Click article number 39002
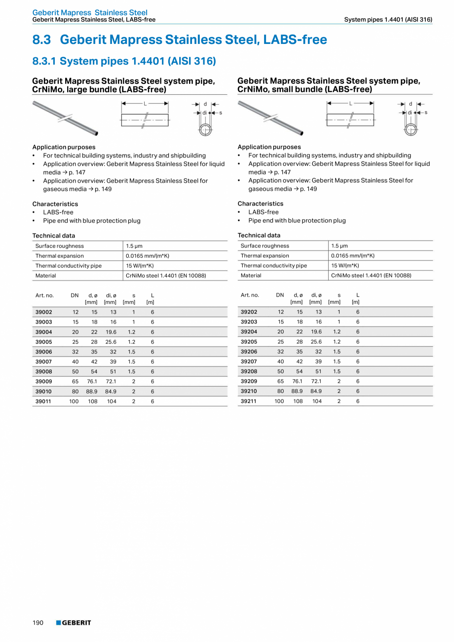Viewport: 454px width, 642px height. tap(44, 312)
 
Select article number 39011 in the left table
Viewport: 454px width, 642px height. tap(44, 401)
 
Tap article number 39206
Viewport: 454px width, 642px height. tap(249, 352)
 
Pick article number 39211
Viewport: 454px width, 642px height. tap(249, 401)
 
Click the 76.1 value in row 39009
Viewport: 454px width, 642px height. tap(92, 381)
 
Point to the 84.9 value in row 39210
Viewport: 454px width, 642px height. tap(316, 391)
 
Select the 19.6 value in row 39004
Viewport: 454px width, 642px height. tap(111, 332)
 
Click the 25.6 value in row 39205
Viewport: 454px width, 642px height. tap(316, 342)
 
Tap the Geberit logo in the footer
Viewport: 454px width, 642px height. tap(74, 623)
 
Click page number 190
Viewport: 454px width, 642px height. tap(38, 623)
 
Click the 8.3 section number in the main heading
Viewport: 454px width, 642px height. tap(42, 40)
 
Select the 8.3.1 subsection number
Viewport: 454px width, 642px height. tap(44, 61)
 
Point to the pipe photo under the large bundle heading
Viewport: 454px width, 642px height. tap(65, 118)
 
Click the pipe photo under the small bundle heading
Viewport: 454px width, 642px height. tap(270, 118)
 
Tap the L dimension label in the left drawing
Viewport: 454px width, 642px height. tap(145, 104)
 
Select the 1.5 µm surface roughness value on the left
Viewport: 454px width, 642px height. tap(134, 246)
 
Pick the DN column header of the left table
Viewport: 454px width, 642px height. tap(75, 295)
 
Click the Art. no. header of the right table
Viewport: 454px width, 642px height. tap(250, 295)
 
